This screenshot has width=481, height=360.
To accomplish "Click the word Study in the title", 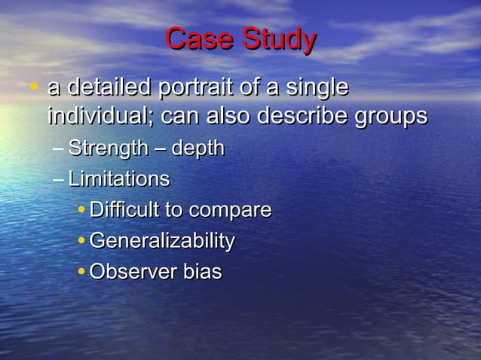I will tap(277, 41).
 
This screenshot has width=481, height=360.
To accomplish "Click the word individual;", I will tap(100, 117).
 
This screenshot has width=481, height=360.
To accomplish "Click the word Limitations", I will tap(118, 179).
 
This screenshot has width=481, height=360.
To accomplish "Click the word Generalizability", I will tap(161, 242).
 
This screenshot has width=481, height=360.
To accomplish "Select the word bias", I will tap(202, 272).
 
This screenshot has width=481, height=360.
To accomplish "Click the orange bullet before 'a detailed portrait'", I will tap(33, 89).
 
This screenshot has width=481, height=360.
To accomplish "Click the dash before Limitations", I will tap(59, 180).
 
